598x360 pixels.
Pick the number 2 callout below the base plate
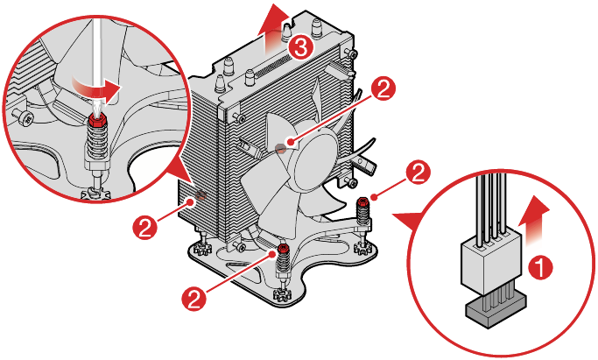tap(195, 298)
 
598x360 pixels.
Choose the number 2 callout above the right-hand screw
tap(419, 171)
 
